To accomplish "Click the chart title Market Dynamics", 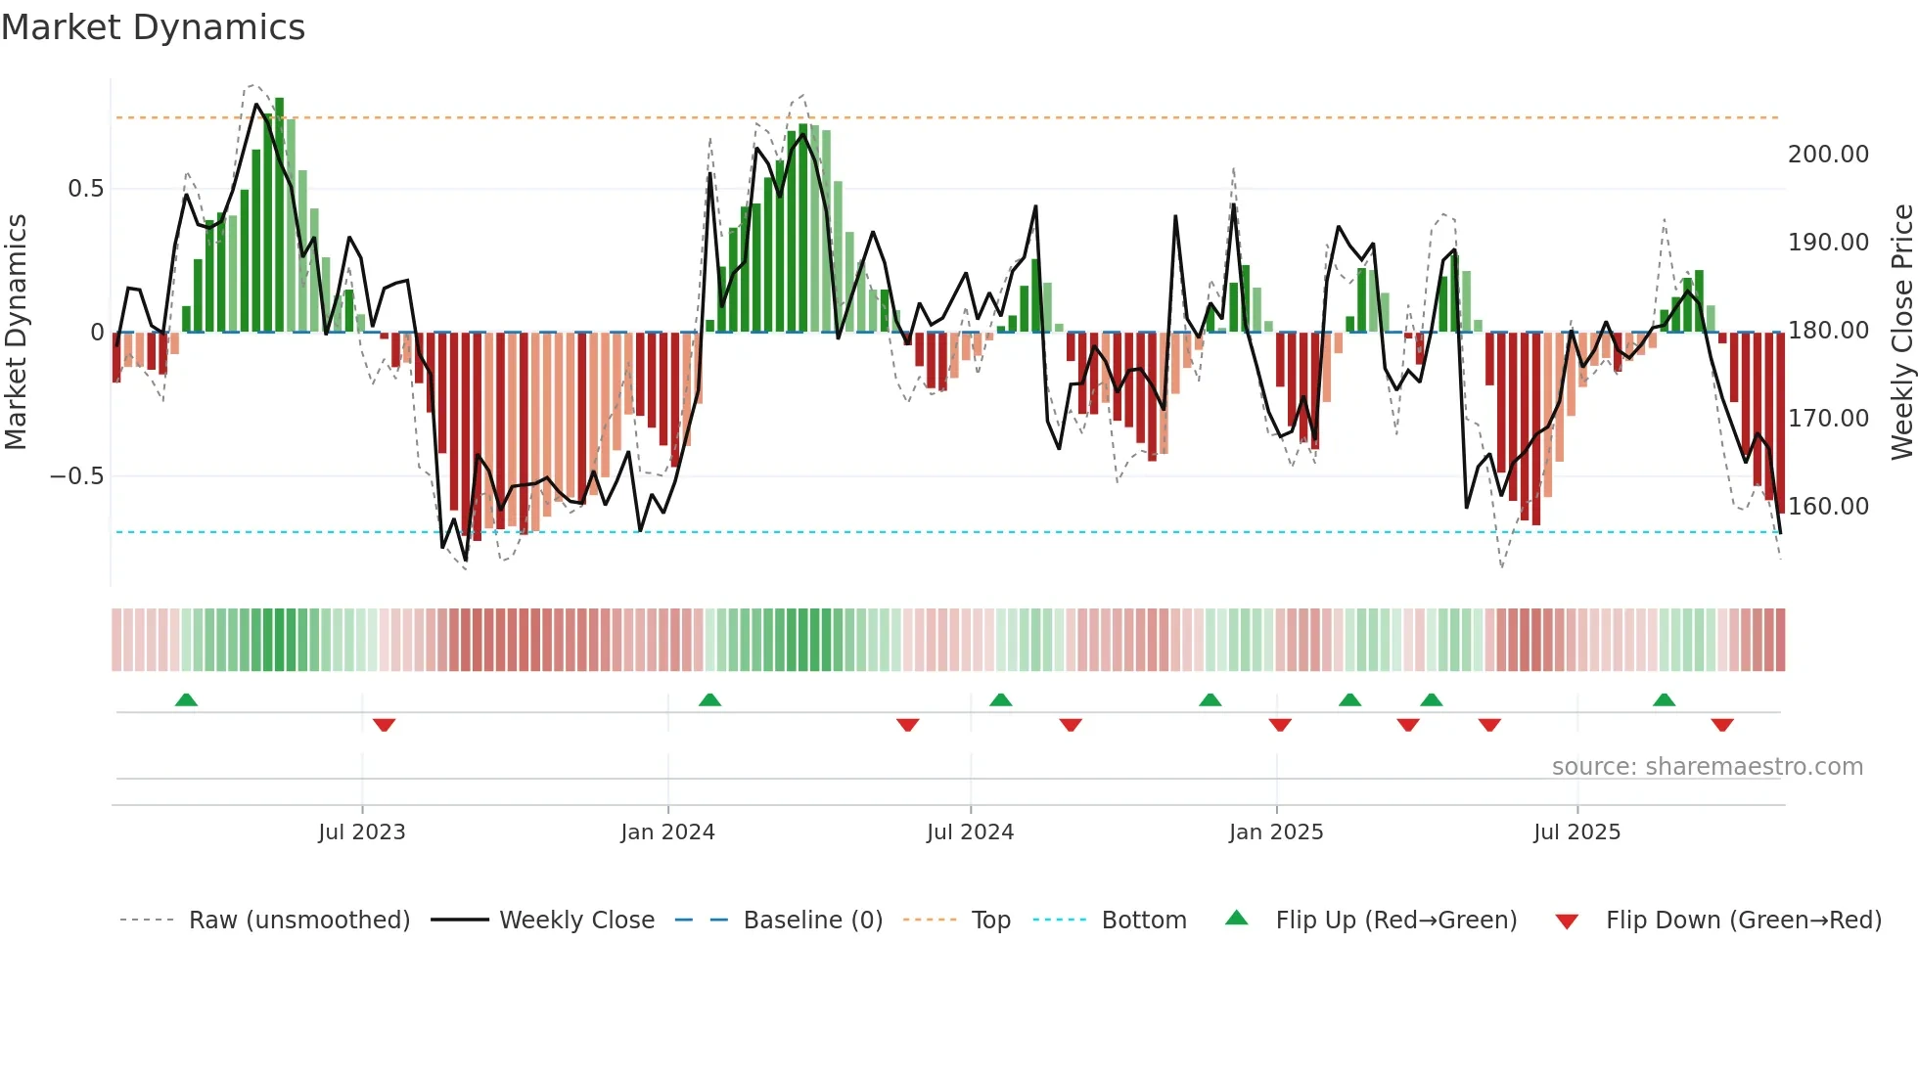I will (x=153, y=27).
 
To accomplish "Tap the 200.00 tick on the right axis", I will (x=1828, y=155).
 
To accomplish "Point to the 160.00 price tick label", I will (x=1828, y=507).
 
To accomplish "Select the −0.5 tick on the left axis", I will (x=76, y=476).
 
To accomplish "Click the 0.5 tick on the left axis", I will (x=85, y=189).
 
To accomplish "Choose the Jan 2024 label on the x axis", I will (x=667, y=832).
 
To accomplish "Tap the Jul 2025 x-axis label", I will (x=1576, y=832).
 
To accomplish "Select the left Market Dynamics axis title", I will (x=16, y=333).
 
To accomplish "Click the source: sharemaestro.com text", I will (x=1707, y=767).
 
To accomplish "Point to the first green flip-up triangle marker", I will (x=186, y=699).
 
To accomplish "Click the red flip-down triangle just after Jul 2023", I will (x=384, y=725).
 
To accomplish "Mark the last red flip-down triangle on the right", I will (x=1722, y=725).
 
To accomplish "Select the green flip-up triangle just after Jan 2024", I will (x=709, y=699).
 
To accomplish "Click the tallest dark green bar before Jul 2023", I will (x=280, y=215).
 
